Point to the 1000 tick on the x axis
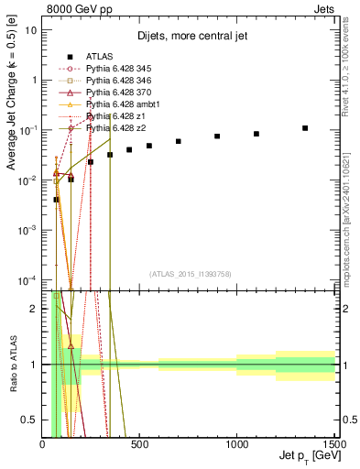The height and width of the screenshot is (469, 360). (x=236, y=444)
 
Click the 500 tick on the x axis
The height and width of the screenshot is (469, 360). (x=139, y=444)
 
